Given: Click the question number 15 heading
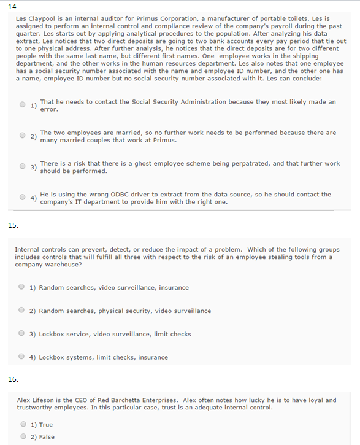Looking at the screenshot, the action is point(12,225).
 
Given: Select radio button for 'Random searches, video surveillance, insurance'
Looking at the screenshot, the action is point(21,287).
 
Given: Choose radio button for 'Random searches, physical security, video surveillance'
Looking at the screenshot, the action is point(21,310).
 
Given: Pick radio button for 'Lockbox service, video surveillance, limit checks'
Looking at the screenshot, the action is point(21,333).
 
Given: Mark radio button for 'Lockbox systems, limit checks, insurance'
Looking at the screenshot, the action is point(21,357).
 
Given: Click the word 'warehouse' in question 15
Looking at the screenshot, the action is point(64,265).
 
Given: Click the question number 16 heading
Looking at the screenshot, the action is point(12,379).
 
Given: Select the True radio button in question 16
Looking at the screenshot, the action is point(23,424).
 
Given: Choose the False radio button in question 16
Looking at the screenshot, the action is point(23,436).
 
